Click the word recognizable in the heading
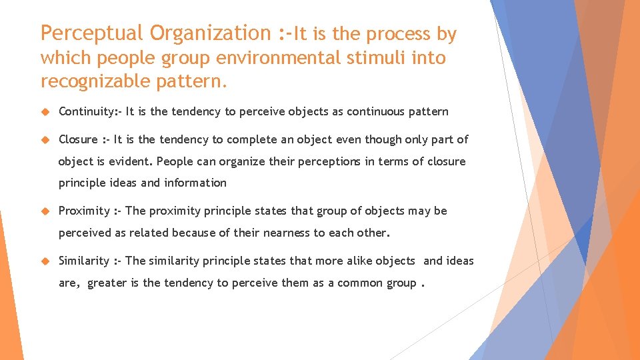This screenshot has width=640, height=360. pyautogui.click(x=98, y=82)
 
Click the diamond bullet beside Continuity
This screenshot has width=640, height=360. pyautogui.click(x=46, y=111)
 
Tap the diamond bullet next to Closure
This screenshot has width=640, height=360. pyautogui.click(x=46, y=139)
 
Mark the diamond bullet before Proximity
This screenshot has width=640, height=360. pyautogui.click(x=46, y=211)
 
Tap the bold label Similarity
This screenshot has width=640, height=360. pyautogui.click(x=84, y=261)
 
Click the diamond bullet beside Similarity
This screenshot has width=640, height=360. pyautogui.click(x=46, y=261)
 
